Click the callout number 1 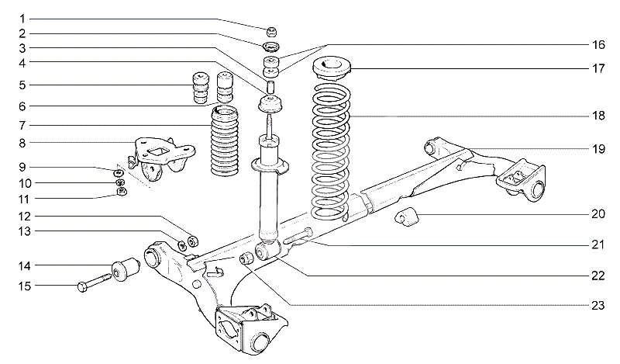tap(22, 18)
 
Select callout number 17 tap(598, 68)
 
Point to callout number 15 tap(24, 287)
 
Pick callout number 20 tap(598, 213)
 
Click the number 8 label tap(22, 143)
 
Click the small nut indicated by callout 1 tap(272, 32)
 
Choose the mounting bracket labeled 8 tap(158, 155)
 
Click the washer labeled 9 tap(120, 172)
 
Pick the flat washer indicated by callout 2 tap(271, 49)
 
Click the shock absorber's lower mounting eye tap(265, 252)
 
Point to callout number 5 tap(22, 85)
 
